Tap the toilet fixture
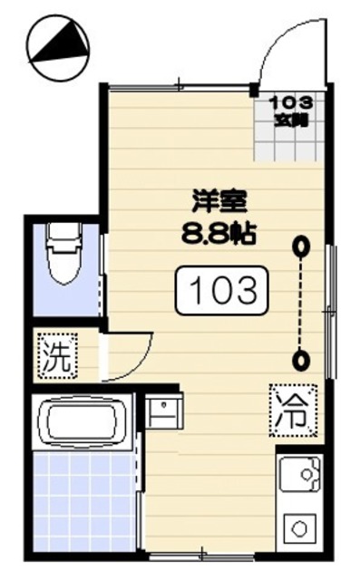tap(63, 258)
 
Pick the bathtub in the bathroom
tap(82, 422)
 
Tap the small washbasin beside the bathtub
tap(164, 413)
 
